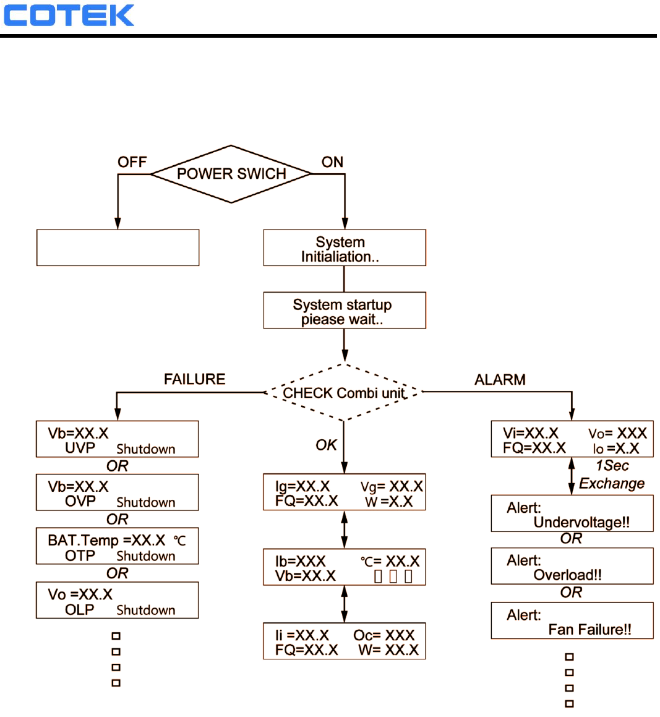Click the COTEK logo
[x=69, y=15]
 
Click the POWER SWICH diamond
[x=231, y=174]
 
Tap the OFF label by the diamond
[x=132, y=162]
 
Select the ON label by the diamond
[x=332, y=162]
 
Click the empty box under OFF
[x=118, y=247]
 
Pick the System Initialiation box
[x=344, y=248]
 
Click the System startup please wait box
[x=344, y=311]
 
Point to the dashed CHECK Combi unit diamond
[x=344, y=393]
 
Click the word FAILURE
[x=194, y=379]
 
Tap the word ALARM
[x=500, y=380]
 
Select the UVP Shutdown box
[x=118, y=439]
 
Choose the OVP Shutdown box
[x=118, y=492]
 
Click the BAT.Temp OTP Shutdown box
[x=118, y=546]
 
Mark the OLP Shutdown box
[x=118, y=600]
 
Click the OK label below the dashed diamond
[x=326, y=445]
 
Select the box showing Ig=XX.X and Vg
[x=344, y=492]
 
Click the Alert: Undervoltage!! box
[x=572, y=513]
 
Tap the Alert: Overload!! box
[x=572, y=566]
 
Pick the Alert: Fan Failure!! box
[x=572, y=620]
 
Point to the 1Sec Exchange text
[x=611, y=474]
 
